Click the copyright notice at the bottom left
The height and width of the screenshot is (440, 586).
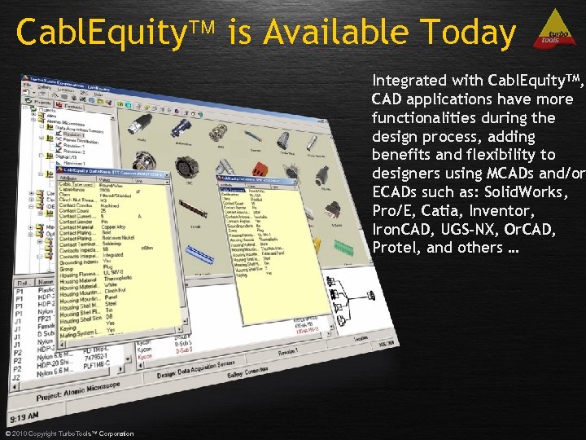click(x=69, y=433)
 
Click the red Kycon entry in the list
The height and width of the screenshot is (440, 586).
click(x=144, y=357)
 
